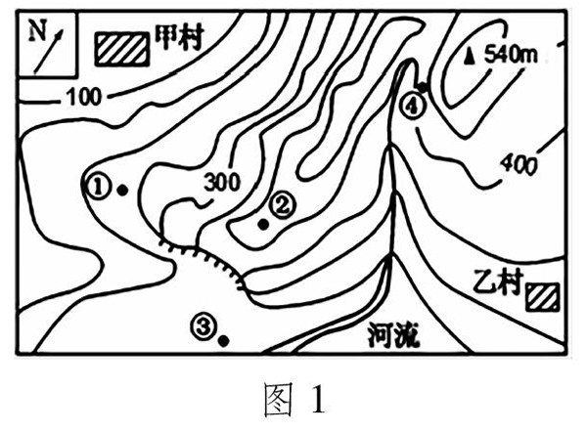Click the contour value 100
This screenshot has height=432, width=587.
tap(83, 96)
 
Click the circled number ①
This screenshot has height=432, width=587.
tap(98, 184)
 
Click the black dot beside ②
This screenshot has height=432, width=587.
tap(262, 225)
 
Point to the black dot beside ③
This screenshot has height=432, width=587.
tap(224, 341)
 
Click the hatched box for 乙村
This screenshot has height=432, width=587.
tap(541, 296)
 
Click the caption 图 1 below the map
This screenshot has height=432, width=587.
tap(293, 401)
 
